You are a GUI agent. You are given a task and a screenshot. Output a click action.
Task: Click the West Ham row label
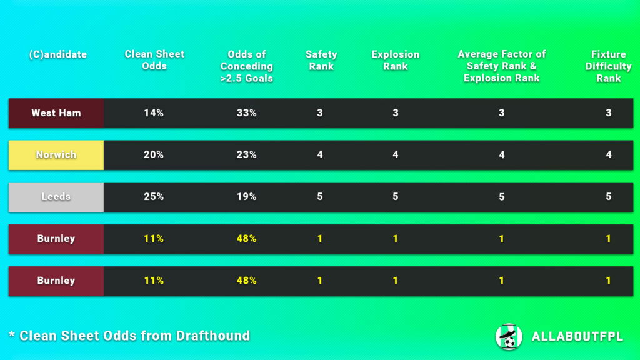click(x=56, y=113)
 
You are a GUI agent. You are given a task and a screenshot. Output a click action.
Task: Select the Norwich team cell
click(x=56, y=155)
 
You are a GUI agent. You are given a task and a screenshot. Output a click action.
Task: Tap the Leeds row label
click(x=56, y=197)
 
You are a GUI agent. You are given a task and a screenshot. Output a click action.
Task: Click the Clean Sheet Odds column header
click(x=154, y=60)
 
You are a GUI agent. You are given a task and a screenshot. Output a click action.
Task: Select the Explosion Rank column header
click(x=395, y=60)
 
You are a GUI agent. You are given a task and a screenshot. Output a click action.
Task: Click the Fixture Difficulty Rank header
click(x=608, y=66)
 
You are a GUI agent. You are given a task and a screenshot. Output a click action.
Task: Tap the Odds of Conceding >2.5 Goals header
click(x=246, y=66)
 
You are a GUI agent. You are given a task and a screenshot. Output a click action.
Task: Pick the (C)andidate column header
click(x=57, y=54)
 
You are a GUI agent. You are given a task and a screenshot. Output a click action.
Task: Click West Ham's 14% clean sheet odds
click(x=154, y=113)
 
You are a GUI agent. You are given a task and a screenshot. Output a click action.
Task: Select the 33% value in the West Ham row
click(x=246, y=113)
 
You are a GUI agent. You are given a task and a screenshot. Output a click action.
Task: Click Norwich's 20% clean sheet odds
click(x=154, y=155)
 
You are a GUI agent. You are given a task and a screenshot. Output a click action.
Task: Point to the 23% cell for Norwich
click(x=246, y=155)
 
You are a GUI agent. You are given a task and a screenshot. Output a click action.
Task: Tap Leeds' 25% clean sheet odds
click(x=154, y=197)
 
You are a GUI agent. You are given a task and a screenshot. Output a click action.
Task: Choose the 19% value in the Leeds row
click(x=246, y=197)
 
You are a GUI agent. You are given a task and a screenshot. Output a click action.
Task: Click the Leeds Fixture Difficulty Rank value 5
click(x=609, y=197)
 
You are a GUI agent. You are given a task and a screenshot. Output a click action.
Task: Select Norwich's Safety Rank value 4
click(x=320, y=155)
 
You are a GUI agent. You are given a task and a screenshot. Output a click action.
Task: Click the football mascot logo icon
click(x=509, y=336)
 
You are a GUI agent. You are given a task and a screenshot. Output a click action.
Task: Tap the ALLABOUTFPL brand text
click(x=577, y=337)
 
